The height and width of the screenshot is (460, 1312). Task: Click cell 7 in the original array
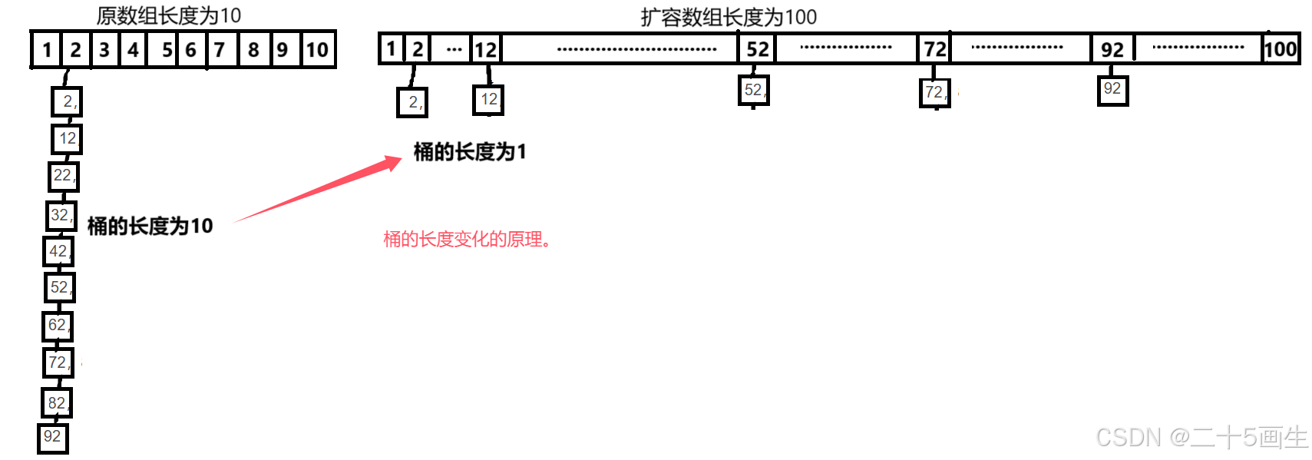pos(220,50)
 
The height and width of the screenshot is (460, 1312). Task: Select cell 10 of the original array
pos(317,50)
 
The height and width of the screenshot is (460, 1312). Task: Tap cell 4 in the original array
pos(134,50)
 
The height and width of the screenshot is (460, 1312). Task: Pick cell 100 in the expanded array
pos(1280,49)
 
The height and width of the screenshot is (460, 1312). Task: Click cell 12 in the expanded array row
pos(485,50)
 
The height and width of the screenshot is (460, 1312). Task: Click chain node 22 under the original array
pos(64,176)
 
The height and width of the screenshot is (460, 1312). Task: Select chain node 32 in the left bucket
pos(61,215)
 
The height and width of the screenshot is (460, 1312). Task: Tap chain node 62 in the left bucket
pos(58,326)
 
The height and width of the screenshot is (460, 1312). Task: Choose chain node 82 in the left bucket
pos(57,403)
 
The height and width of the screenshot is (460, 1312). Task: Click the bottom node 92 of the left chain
pos(52,438)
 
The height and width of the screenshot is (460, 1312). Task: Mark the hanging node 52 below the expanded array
pos(753,91)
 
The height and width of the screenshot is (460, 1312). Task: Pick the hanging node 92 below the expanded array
pos(1112,90)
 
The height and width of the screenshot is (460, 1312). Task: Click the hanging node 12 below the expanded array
pos(488,100)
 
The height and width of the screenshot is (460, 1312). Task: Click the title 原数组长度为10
pos(168,15)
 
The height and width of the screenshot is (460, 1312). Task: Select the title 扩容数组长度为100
pos(729,17)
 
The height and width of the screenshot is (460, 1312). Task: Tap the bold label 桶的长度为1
pos(470,152)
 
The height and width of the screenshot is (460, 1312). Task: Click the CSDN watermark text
pos(1201,438)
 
